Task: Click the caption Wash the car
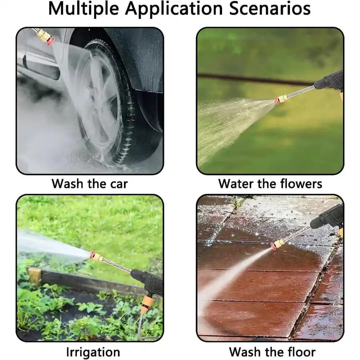click(90, 184)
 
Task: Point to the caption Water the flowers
click(270, 184)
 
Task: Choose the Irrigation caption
click(93, 352)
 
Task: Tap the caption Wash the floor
click(272, 352)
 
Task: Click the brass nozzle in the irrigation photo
click(97, 257)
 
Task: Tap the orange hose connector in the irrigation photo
click(145, 306)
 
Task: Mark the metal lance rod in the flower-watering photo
click(300, 91)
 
